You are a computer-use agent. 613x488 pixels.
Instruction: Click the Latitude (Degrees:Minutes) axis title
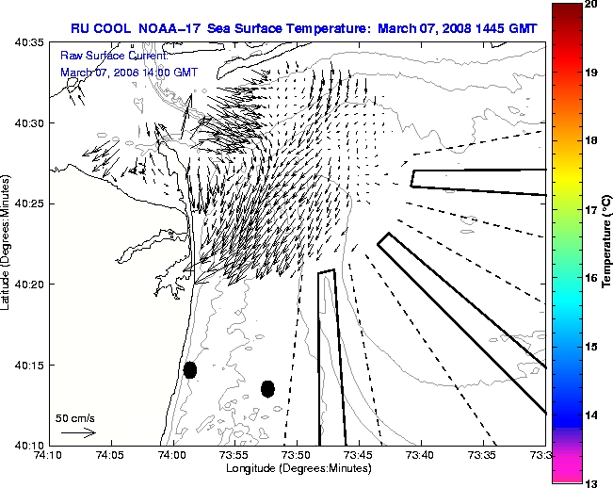click(x=8, y=243)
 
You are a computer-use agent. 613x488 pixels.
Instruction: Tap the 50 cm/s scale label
click(x=75, y=417)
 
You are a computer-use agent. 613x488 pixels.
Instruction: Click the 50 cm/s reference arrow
click(x=78, y=432)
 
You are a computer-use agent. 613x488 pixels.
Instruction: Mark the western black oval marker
click(x=190, y=370)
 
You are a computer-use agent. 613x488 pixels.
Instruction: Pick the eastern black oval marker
click(x=267, y=388)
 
